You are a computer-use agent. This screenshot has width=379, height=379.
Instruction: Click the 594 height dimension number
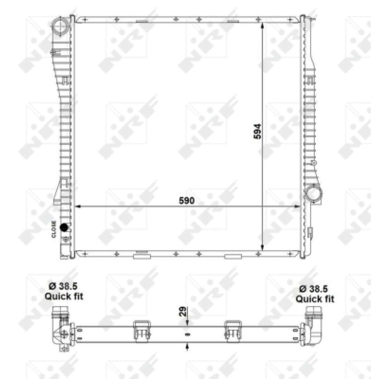pos(257,131)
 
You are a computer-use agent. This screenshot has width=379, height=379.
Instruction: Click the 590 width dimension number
pos(187,201)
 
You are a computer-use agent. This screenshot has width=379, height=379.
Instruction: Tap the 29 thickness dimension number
pos(183,311)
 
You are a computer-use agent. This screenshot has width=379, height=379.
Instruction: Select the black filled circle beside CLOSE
pos(64,227)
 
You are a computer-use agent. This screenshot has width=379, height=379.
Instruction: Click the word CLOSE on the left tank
pos(54,229)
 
